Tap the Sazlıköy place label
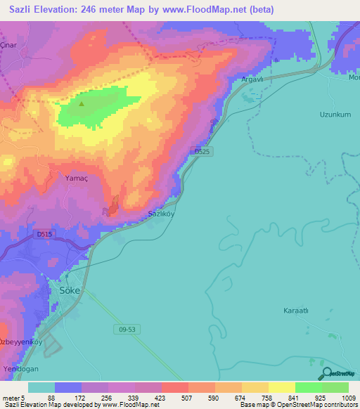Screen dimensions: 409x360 (x=161, y=213)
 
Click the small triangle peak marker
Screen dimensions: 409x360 (x=82, y=104)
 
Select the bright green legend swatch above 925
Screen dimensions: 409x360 (x=308, y=387)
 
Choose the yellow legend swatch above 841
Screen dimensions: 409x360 (x=281, y=387)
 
